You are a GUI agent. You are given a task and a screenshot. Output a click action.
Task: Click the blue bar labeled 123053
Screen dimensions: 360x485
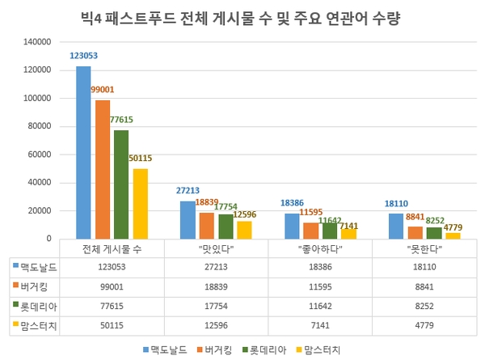[x=83, y=152]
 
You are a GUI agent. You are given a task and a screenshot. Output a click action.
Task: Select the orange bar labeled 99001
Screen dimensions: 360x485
[x=103, y=169]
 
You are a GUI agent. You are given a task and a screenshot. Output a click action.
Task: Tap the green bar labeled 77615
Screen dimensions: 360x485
[x=121, y=184]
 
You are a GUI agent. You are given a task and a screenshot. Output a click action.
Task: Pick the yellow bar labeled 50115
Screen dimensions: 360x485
[x=141, y=204]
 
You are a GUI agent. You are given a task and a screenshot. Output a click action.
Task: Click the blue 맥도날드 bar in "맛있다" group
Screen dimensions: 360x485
[x=188, y=220]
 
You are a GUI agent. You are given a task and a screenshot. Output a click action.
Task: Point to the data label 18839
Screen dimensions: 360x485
[x=207, y=203]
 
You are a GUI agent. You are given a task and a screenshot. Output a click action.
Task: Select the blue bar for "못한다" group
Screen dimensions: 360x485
[x=394, y=227]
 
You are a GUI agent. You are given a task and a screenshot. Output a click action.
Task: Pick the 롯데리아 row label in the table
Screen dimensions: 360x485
[x=38, y=305]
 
